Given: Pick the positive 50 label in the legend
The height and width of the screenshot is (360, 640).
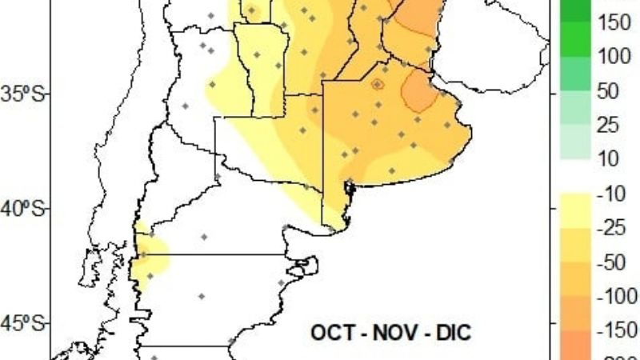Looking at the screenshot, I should pyautogui.click(x=609, y=91).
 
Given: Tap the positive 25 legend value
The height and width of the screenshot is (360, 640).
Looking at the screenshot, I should pyautogui.click(x=609, y=126).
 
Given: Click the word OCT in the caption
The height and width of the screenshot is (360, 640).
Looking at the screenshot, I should pyautogui.click(x=332, y=331).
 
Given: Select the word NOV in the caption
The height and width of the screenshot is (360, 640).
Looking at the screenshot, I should pyautogui.click(x=390, y=331).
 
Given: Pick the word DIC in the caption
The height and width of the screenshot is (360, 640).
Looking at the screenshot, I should pyautogui.click(x=448, y=331).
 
